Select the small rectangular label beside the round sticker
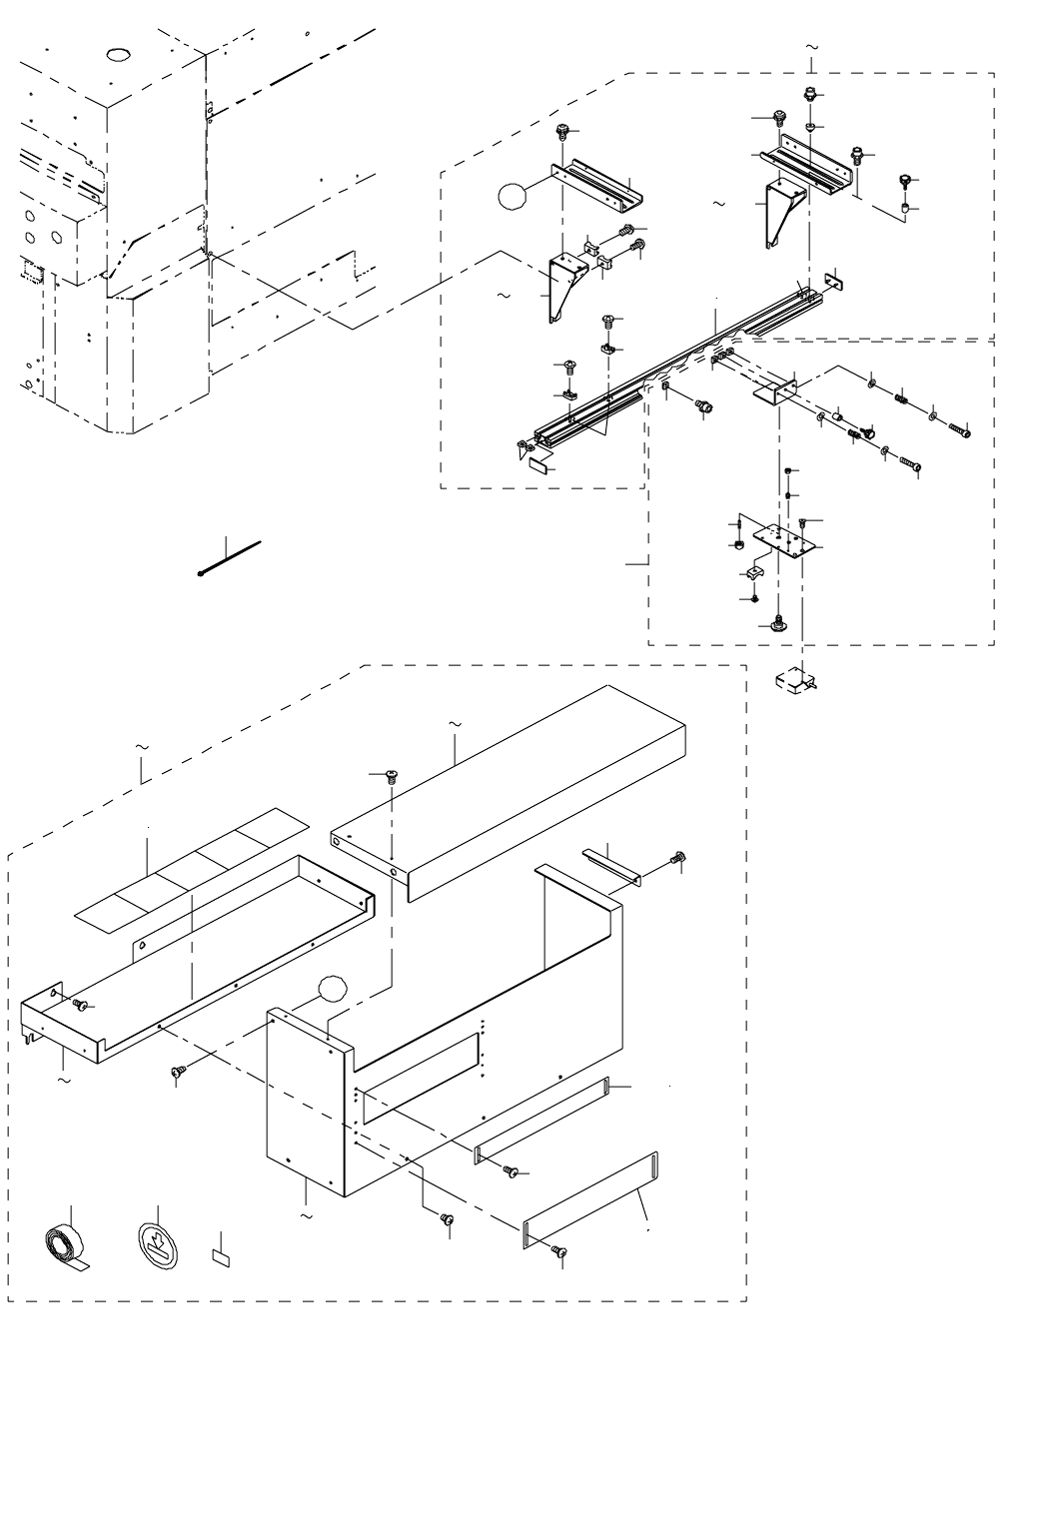coord(221,1255)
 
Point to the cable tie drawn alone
coord(230,558)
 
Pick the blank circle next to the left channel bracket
coord(512,195)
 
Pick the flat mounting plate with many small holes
coord(785,540)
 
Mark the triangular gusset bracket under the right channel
coord(778,213)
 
